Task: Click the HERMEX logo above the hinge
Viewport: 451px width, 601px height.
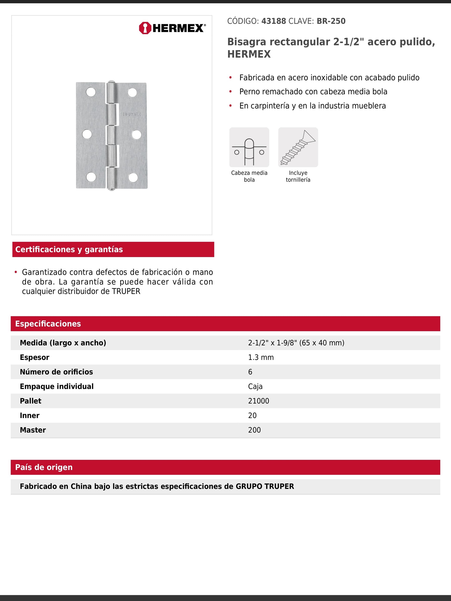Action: click(x=172, y=28)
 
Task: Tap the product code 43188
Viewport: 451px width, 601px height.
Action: click(x=273, y=21)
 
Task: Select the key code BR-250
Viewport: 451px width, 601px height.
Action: click(x=331, y=21)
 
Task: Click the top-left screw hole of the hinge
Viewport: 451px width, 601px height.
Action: click(x=91, y=92)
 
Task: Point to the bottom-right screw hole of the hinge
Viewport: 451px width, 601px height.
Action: click(x=133, y=177)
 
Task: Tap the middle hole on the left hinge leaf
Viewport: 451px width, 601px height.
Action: click(x=87, y=134)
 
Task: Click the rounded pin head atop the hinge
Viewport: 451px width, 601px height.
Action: click(x=111, y=82)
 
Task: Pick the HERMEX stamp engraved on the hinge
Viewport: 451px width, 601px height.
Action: click(x=132, y=114)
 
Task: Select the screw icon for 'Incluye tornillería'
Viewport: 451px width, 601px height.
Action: click(x=298, y=147)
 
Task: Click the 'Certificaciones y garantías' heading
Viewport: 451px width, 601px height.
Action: click(x=69, y=249)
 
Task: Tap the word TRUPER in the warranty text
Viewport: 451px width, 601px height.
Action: click(x=126, y=291)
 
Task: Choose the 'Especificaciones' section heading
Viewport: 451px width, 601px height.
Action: click(x=48, y=324)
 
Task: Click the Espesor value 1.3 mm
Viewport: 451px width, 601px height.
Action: click(x=261, y=357)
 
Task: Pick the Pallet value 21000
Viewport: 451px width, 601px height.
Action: click(x=259, y=401)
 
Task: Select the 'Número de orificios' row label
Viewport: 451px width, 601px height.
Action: click(x=56, y=372)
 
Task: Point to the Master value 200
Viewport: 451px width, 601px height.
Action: click(x=254, y=430)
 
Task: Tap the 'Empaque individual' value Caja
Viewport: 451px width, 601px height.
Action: click(x=255, y=386)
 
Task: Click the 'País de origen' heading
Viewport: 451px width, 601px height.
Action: click(x=44, y=467)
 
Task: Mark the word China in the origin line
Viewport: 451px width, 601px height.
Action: click(x=81, y=486)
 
